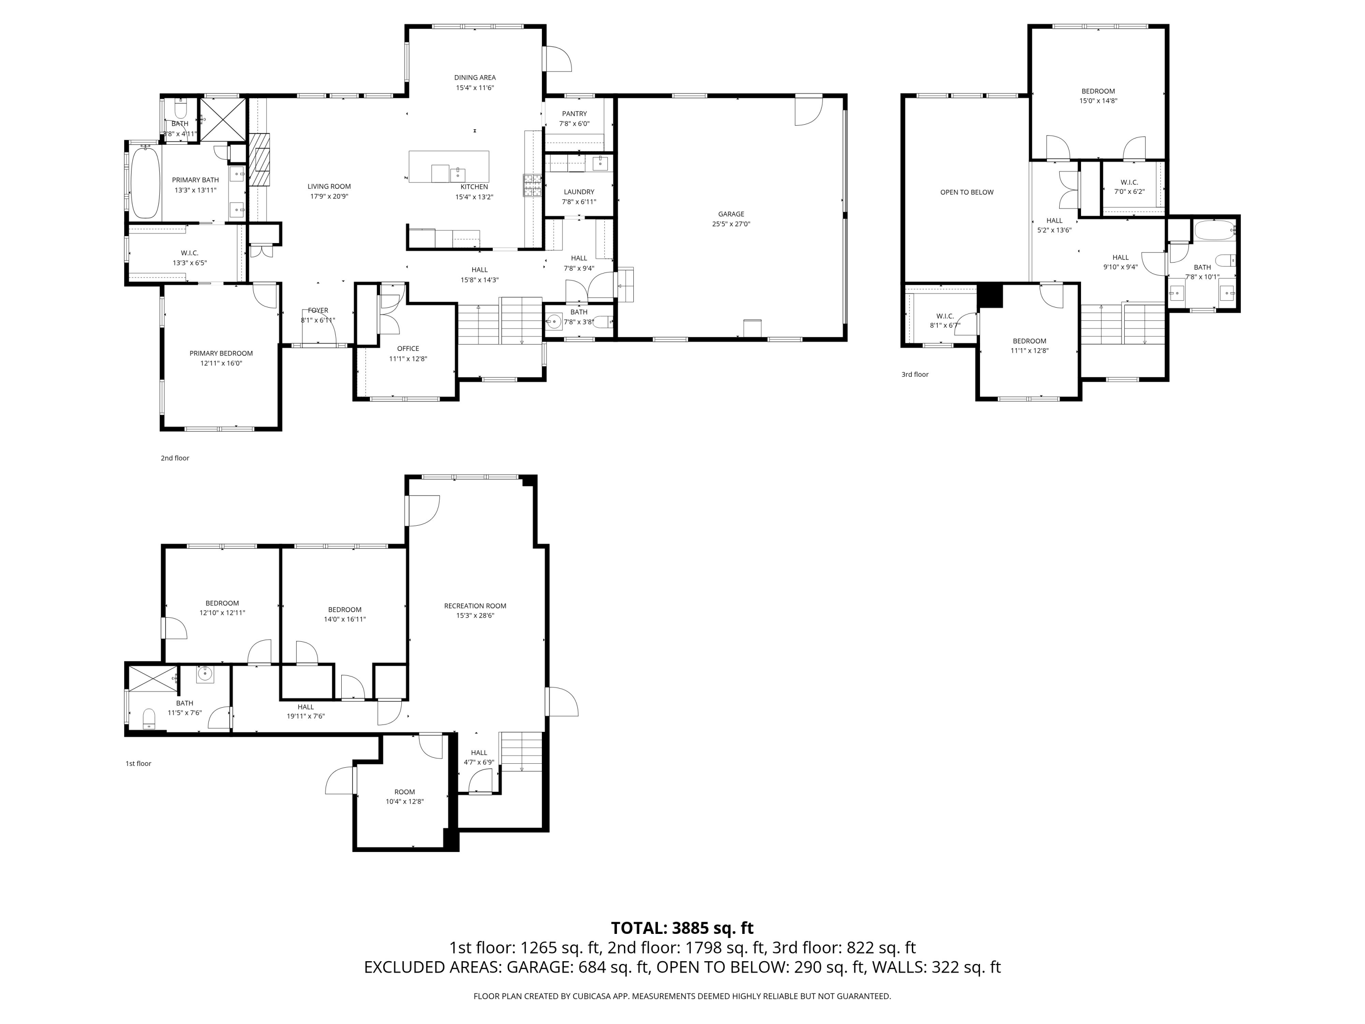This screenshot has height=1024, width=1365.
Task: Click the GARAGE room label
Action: pyautogui.click(x=731, y=214)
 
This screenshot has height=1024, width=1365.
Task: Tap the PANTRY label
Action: pyautogui.click(x=574, y=114)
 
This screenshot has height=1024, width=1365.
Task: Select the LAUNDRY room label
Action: pyautogui.click(x=579, y=192)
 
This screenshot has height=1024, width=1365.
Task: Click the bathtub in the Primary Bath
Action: pyautogui.click(x=146, y=182)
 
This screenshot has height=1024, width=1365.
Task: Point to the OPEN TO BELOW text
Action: pyautogui.click(x=966, y=192)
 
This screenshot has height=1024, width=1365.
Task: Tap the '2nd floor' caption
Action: pyautogui.click(x=175, y=458)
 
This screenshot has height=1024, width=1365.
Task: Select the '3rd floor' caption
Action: pyautogui.click(x=915, y=374)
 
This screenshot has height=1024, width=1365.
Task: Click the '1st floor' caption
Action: pyautogui.click(x=138, y=764)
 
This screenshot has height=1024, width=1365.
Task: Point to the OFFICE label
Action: pyautogui.click(x=408, y=349)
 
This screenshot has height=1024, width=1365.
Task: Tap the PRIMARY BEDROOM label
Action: pyautogui.click(x=221, y=354)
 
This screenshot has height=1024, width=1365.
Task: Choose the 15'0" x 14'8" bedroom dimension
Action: pyautogui.click(x=1098, y=101)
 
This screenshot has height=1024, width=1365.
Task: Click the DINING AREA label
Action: pyautogui.click(x=475, y=78)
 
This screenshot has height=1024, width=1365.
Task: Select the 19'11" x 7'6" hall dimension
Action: pyautogui.click(x=305, y=717)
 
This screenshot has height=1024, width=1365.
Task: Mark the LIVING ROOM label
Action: pyautogui.click(x=329, y=187)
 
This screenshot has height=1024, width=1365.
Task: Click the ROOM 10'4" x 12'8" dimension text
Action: pyautogui.click(x=405, y=802)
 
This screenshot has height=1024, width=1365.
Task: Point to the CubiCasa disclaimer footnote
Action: pyautogui.click(x=682, y=996)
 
